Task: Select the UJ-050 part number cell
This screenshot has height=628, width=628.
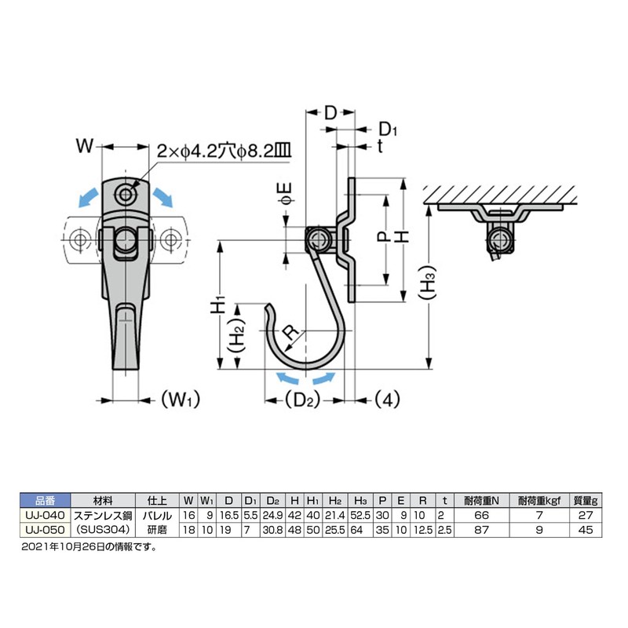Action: (44, 529)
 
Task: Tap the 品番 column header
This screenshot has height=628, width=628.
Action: (44, 500)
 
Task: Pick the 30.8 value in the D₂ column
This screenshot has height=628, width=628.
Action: (271, 529)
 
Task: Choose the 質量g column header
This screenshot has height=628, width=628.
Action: (586, 500)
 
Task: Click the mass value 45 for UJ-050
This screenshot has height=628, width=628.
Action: (586, 529)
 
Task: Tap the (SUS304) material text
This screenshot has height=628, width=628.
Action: (102, 529)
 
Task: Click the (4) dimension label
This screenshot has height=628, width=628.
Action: (385, 400)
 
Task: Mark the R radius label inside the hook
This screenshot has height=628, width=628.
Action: (290, 332)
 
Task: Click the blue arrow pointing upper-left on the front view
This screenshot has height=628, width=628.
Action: (88, 196)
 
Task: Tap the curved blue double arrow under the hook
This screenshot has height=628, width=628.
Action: (301, 381)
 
